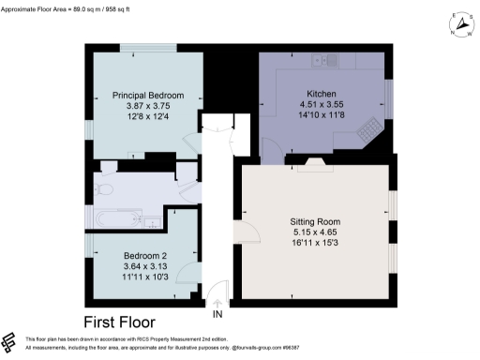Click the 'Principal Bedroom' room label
(147, 96)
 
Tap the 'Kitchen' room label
(316, 93)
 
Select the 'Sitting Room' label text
(316, 218)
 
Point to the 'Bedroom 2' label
(144, 256)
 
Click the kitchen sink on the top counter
(323, 61)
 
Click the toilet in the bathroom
(106, 188)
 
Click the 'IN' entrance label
(217, 314)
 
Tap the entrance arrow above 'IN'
(217, 302)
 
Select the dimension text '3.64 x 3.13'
(144, 267)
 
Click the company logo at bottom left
(10, 342)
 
